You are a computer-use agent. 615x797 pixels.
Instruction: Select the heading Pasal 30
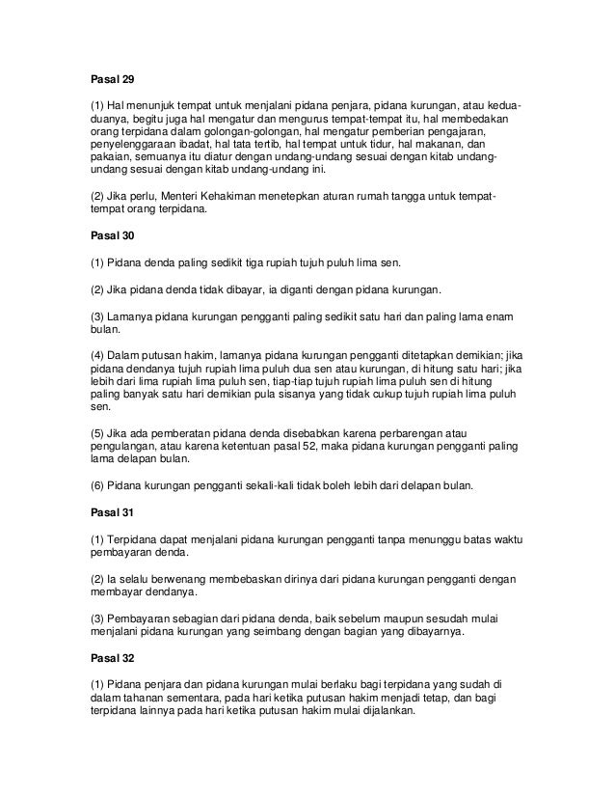[99, 235]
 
